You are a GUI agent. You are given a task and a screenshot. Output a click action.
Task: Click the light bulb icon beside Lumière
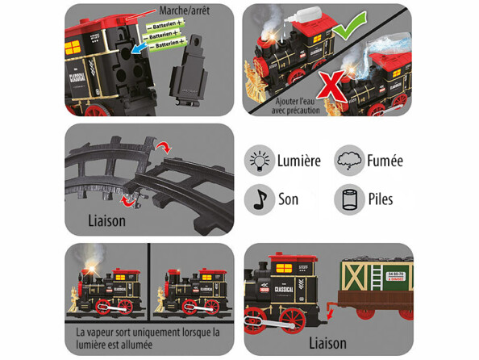tap(259, 160)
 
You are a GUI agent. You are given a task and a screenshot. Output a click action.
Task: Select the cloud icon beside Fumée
tap(350, 160)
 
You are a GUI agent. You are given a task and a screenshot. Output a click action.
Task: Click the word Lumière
tap(299, 161)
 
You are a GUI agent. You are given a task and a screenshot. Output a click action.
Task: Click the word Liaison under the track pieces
tap(106, 220)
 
